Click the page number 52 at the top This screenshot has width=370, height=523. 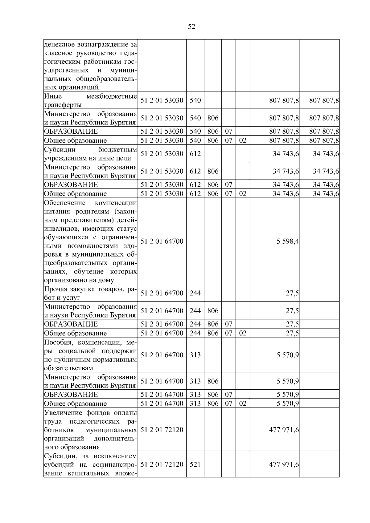click(x=191, y=27)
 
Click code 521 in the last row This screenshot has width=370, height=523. click(x=195, y=464)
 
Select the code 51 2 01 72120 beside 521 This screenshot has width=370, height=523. click(x=162, y=464)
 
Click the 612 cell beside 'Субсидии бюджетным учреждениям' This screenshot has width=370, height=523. click(x=195, y=154)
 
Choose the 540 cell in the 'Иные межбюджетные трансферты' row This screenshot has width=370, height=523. click(x=195, y=100)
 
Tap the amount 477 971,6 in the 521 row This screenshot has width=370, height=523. click(x=284, y=464)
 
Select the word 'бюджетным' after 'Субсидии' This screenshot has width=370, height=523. click(x=117, y=150)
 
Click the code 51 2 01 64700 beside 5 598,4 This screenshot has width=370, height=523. click(x=162, y=241)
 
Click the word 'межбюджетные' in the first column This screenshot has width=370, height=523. click(x=112, y=96)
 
